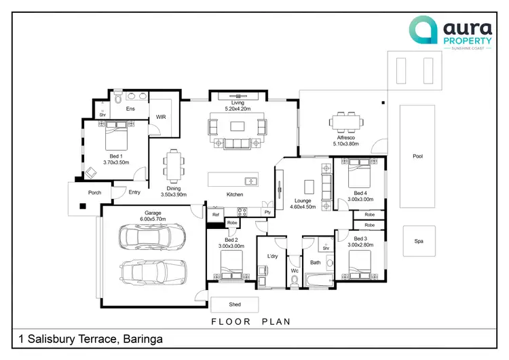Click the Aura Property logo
pos(451,33)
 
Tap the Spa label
pos(419,241)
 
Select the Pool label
pos(418,156)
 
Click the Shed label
pos(235,304)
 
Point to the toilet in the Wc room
pos(295,281)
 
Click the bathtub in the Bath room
pos(320,281)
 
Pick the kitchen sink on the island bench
pos(251,181)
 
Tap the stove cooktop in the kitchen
pos(242,212)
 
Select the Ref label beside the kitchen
pos(216,215)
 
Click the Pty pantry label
pos(267,212)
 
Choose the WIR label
pos(161,117)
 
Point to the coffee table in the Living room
pos(238,126)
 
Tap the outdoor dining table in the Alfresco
pos(346,122)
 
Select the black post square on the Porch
pos(83,206)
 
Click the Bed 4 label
pos(360,193)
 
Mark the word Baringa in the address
pos(143,339)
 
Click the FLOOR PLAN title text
pos(251,322)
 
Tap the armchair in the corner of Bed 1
pos(91,173)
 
